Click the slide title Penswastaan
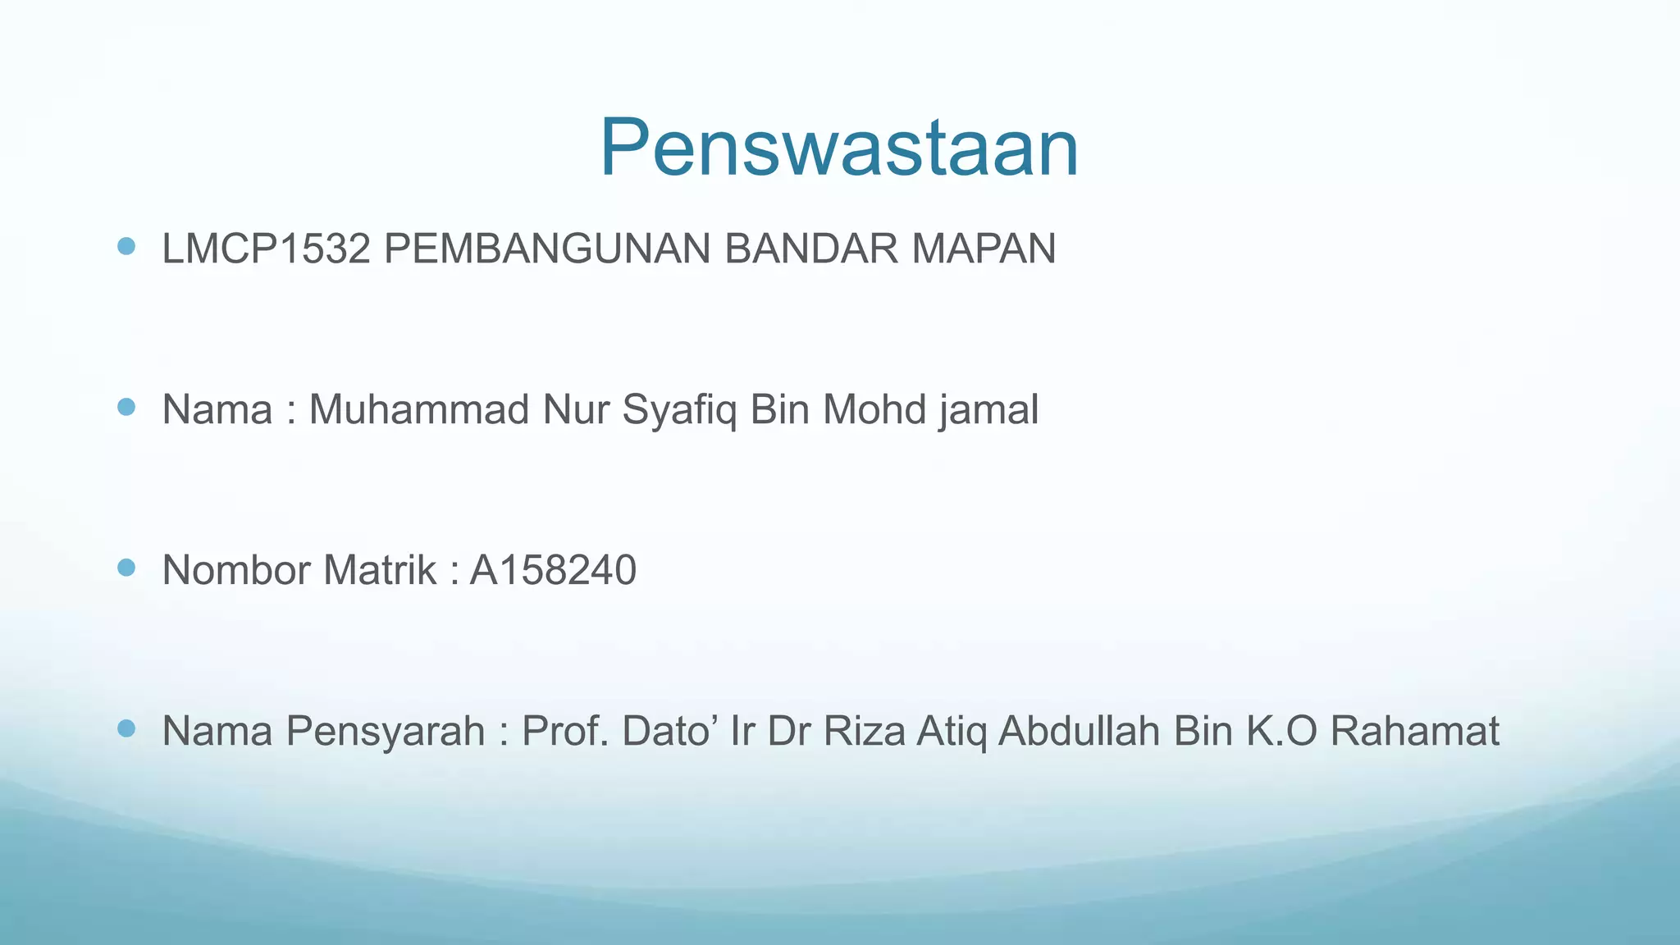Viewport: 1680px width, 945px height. pyautogui.click(x=838, y=148)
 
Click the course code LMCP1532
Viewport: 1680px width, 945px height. pyautogui.click(x=266, y=249)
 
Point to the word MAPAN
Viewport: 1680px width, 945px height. pyautogui.click(x=984, y=249)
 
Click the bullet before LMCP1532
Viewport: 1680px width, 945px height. pyautogui.click(x=126, y=246)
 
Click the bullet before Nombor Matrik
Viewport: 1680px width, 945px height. pyautogui.click(x=126, y=568)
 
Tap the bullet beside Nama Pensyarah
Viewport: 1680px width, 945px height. pyautogui.click(x=126, y=728)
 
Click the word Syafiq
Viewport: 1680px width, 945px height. pyautogui.click(x=679, y=411)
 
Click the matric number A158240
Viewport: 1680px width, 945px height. pyautogui.click(x=553, y=570)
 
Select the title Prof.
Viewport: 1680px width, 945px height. pyautogui.click(x=565, y=731)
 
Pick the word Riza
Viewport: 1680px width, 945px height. pyautogui.click(x=864, y=731)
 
